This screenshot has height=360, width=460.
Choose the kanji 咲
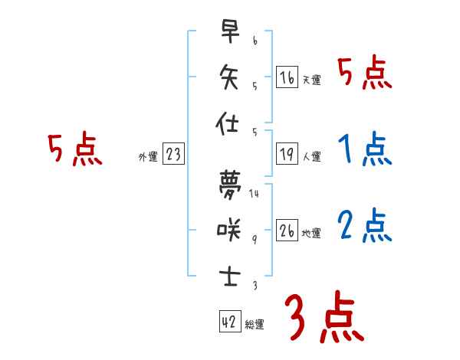tap(228, 229)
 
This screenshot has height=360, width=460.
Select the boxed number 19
tap(287, 154)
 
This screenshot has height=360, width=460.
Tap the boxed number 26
tap(287, 231)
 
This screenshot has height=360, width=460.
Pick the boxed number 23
tap(173, 154)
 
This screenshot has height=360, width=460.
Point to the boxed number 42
tap(229, 322)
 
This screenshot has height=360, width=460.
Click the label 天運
tap(311, 80)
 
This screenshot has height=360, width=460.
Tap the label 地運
tap(311, 234)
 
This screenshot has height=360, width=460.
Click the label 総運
tap(255, 325)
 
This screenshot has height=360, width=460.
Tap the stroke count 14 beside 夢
tap(254, 194)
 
